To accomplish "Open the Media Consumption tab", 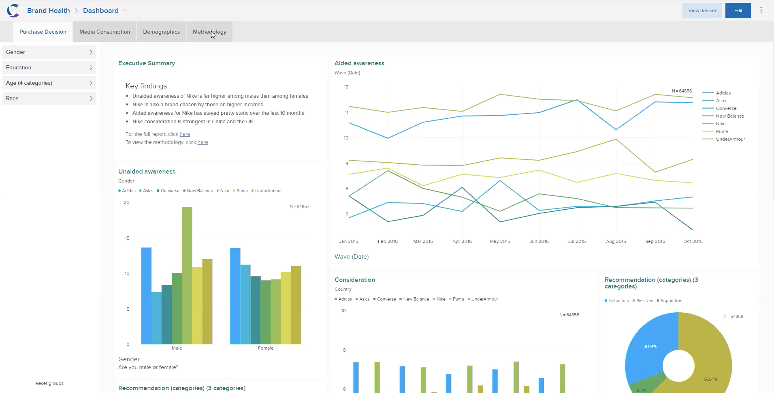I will pyautogui.click(x=104, y=32).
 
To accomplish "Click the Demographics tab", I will pyautogui.click(x=161, y=32).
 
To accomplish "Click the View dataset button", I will pyautogui.click(x=702, y=11).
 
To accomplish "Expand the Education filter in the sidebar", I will pyautogui.click(x=49, y=67).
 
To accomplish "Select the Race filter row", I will pyautogui.click(x=49, y=98).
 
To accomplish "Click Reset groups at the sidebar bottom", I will pyautogui.click(x=49, y=383).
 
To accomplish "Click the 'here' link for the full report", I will pyautogui.click(x=185, y=134).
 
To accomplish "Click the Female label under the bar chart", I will pyautogui.click(x=266, y=348).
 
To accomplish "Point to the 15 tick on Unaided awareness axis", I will pyautogui.click(x=127, y=238).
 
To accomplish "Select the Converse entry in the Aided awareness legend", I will pyautogui.click(x=726, y=108).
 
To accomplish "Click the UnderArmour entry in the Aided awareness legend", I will pyautogui.click(x=730, y=139).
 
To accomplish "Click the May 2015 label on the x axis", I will pyautogui.click(x=500, y=241).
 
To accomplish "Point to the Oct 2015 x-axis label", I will pyautogui.click(x=693, y=241).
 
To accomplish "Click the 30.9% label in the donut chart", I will pyautogui.click(x=650, y=346).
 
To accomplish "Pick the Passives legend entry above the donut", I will pyautogui.click(x=644, y=301).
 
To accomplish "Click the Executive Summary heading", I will pyautogui.click(x=147, y=63).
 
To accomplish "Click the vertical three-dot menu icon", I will pyautogui.click(x=761, y=11).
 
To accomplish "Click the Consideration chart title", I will pyautogui.click(x=354, y=280).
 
